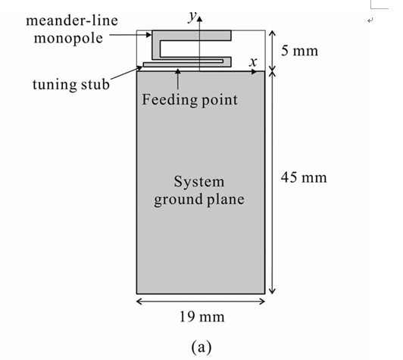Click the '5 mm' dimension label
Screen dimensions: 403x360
299,51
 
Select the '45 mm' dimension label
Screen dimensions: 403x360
304,177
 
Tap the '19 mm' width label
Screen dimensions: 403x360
202,317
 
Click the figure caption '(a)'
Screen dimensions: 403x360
202,347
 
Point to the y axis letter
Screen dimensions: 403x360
192,17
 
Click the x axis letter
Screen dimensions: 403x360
253,62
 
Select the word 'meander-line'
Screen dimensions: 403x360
72,20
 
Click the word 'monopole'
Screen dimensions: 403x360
68,39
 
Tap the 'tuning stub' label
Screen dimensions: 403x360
71,84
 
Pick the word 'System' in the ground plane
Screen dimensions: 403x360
199,182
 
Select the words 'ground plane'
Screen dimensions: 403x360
199,200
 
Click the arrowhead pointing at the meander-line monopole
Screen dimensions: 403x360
149,35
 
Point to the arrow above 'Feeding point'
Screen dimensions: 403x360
177,79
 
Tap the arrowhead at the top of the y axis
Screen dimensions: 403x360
200,18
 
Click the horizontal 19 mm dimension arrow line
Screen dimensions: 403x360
201,302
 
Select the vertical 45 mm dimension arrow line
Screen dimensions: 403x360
272,183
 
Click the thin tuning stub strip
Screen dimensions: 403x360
183,64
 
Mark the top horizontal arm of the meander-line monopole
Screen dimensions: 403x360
192,36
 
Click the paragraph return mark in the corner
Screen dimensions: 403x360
370,20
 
